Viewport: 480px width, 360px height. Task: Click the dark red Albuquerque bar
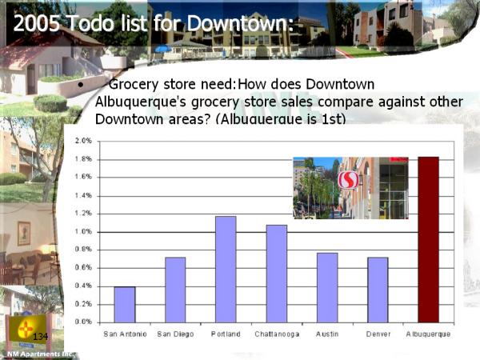[x=428, y=240]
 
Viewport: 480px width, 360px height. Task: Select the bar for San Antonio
[x=125, y=305]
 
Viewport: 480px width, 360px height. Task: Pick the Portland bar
[x=226, y=270]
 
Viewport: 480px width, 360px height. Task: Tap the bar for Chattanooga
[x=277, y=274]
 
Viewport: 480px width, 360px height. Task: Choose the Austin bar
[x=327, y=288]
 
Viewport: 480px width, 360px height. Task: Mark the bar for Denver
[x=378, y=290]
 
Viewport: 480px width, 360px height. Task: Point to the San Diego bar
[x=175, y=290]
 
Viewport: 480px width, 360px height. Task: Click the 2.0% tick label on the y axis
[x=83, y=141]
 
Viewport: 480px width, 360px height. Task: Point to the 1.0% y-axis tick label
[x=83, y=232]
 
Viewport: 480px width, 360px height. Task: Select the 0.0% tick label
[x=83, y=322]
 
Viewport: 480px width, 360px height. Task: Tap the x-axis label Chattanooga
[x=277, y=334]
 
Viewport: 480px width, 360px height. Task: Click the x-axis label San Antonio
[x=125, y=334]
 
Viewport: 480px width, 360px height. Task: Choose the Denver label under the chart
[x=378, y=334]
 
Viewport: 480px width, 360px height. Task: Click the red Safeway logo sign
[x=348, y=180]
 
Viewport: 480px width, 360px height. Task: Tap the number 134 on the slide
[x=40, y=337]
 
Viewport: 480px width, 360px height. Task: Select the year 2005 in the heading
[x=37, y=23]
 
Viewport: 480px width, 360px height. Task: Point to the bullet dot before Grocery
[x=81, y=85]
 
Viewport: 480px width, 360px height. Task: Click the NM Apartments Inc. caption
[x=42, y=354]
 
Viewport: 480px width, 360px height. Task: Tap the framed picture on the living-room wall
[x=24, y=234]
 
